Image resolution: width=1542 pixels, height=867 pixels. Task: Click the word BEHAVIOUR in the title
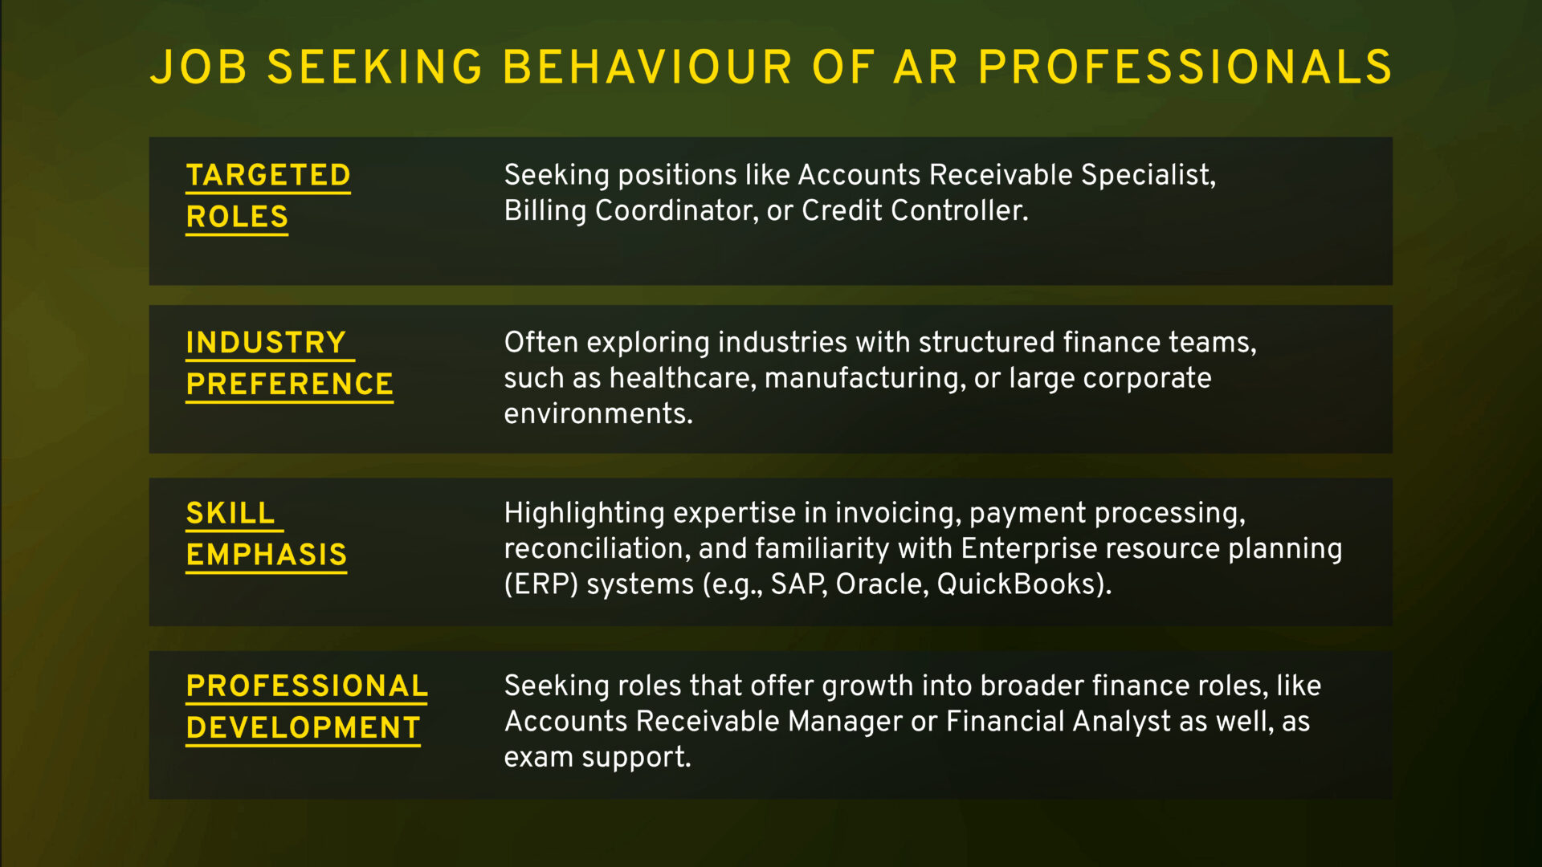click(x=647, y=67)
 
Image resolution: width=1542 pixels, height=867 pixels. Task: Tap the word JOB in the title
click(x=198, y=67)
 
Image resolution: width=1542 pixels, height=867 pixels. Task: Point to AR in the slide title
click(x=925, y=67)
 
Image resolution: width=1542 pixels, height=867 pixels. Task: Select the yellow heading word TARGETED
click(x=268, y=175)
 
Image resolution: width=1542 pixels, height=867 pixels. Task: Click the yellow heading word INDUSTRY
click(x=266, y=343)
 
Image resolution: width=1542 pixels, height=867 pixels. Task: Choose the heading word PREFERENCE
click(x=289, y=385)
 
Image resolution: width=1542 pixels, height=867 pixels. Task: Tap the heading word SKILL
click(x=230, y=513)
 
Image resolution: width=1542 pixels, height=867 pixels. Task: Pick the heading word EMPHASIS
click(x=267, y=555)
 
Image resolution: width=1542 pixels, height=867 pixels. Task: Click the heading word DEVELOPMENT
click(x=304, y=728)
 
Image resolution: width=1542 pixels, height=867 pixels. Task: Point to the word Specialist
click(x=1148, y=176)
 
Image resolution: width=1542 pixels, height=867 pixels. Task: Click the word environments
click(x=598, y=414)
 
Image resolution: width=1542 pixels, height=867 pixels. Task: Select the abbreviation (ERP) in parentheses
click(x=541, y=584)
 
